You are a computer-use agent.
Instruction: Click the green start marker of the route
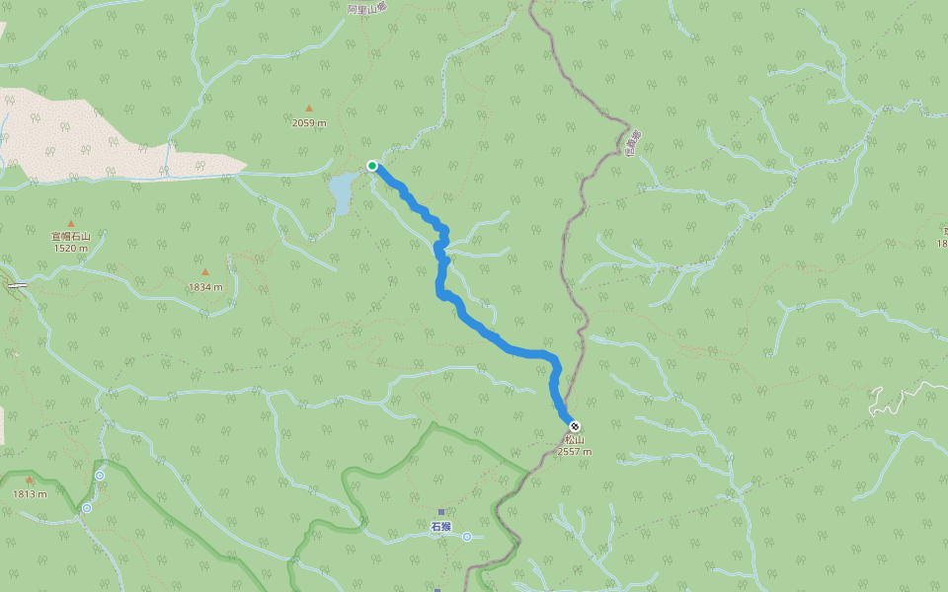coord(372,166)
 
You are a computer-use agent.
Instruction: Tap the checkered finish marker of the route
coord(575,426)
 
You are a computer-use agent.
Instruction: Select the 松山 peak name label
coord(574,440)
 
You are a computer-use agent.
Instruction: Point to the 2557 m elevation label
coord(575,452)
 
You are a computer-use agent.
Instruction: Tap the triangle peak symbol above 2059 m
coord(309,109)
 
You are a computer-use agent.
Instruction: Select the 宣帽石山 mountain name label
coord(71,236)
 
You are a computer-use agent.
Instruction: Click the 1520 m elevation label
coord(71,248)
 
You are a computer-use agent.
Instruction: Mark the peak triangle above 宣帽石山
coord(71,224)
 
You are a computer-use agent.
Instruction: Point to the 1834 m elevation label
coord(205,286)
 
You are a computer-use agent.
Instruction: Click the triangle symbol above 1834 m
coord(205,272)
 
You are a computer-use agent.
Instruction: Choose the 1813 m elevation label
coord(30,493)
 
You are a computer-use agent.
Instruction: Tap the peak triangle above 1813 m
coord(30,481)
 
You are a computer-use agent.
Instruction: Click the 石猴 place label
coord(440,527)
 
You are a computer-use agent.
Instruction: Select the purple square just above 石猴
coord(441,512)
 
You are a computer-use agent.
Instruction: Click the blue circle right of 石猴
coord(466,537)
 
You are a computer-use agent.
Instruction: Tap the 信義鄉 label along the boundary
coord(634,143)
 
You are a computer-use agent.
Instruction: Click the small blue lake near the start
coord(341,191)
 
